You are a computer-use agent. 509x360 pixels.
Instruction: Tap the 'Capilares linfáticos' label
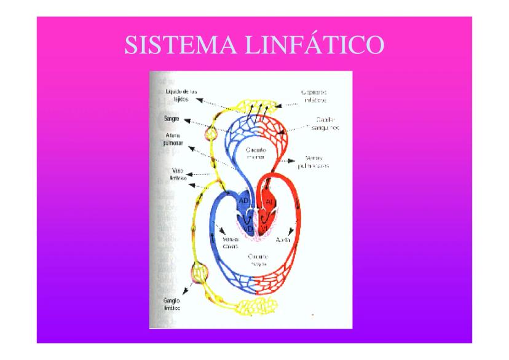314,95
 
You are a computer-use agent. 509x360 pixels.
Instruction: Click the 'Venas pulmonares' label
317,162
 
